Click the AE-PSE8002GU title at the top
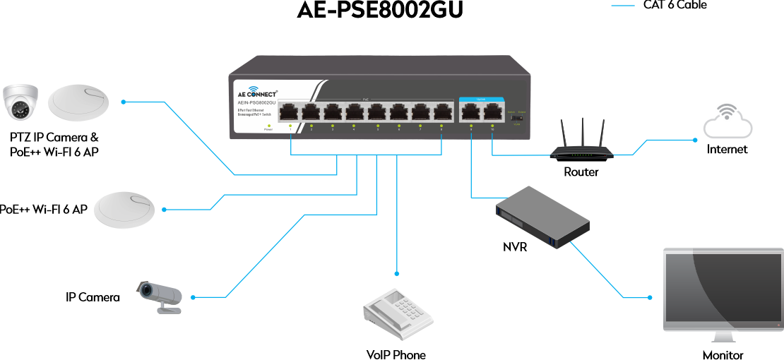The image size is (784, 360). point(380,10)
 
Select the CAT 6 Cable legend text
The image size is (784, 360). point(675,6)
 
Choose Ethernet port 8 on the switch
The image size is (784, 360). point(442,112)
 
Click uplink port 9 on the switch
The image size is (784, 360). point(470,112)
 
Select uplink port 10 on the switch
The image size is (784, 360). point(492,112)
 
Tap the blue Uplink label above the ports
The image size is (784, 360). point(481,99)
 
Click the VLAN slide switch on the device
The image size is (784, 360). point(521,117)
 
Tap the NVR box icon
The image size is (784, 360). point(542,216)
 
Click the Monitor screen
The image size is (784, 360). point(722,290)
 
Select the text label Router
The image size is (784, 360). point(581,172)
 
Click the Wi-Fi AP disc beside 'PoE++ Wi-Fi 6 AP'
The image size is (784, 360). point(124,210)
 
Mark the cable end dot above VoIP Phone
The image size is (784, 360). point(397,273)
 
